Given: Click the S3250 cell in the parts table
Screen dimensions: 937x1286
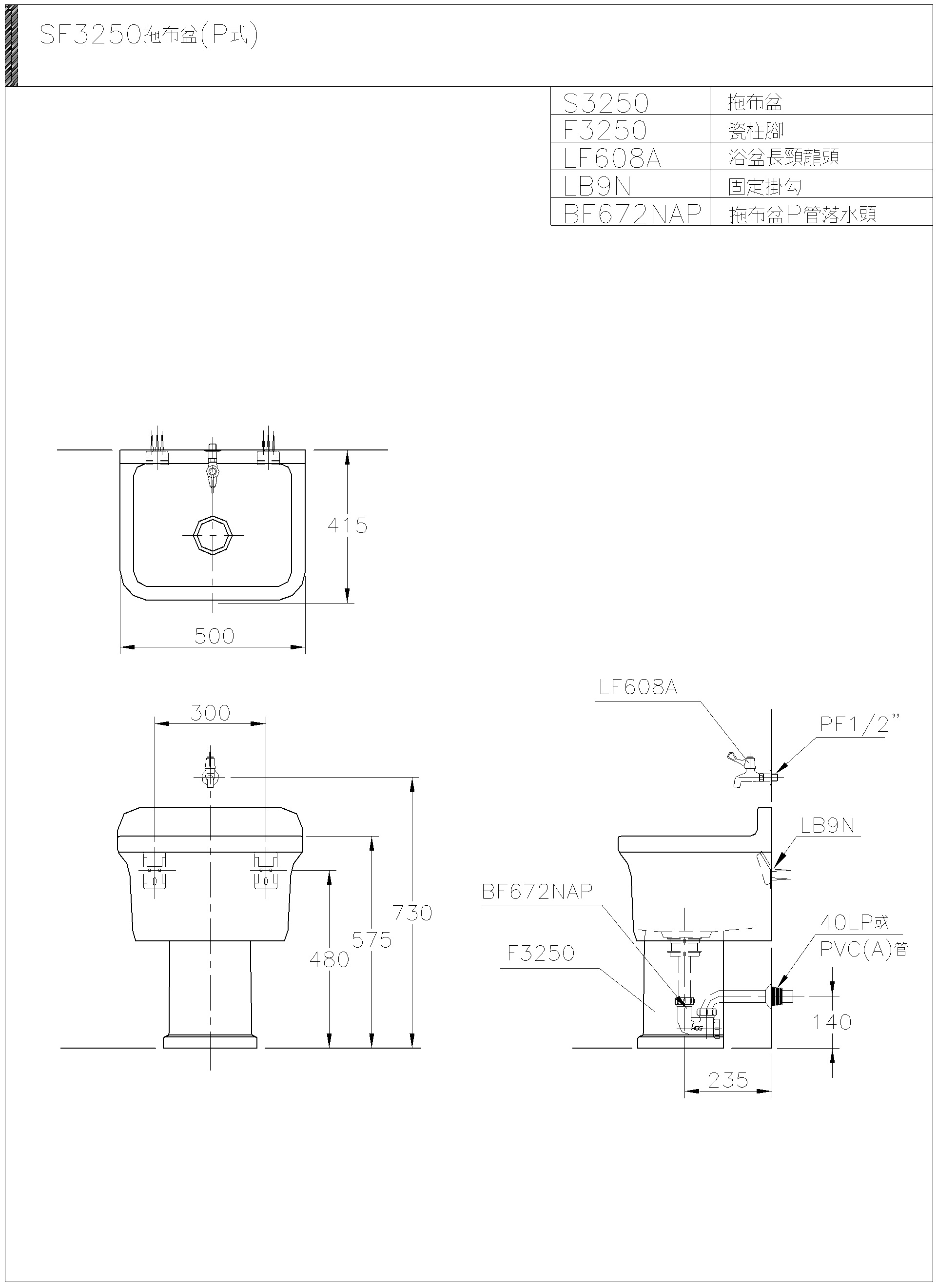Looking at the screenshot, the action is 606,103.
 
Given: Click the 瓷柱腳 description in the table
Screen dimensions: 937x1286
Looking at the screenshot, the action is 756,131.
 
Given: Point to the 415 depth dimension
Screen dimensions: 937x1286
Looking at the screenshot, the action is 347,526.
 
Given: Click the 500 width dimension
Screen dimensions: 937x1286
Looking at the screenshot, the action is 214,636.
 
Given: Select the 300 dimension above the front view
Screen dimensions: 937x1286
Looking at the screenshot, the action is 210,713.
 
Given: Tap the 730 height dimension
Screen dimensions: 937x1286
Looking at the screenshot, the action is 412,913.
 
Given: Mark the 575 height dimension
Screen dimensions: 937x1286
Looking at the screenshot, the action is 371,940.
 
